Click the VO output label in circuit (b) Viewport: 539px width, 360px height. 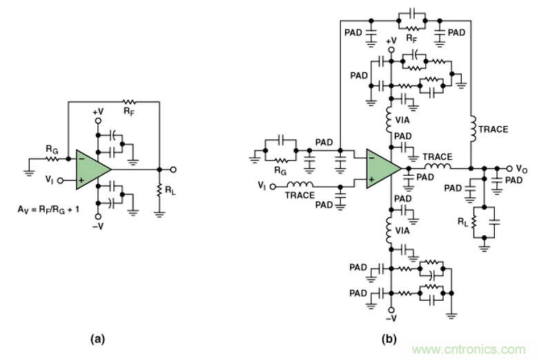(x=524, y=168)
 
